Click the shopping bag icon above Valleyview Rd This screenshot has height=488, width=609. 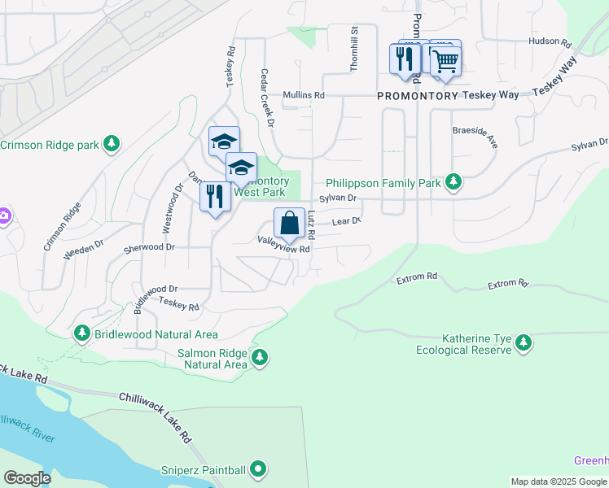point(289,222)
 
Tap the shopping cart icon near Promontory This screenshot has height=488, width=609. point(445,60)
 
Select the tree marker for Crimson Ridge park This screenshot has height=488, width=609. point(112,146)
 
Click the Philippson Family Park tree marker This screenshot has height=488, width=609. point(453,183)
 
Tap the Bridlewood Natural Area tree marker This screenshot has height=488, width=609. point(81,334)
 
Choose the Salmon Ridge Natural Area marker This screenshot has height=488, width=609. point(260,358)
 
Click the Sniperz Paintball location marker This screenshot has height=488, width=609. point(258,469)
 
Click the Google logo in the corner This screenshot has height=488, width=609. point(28,478)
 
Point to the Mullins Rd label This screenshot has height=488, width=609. point(304,95)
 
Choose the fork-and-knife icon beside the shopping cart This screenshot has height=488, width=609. point(405,59)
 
